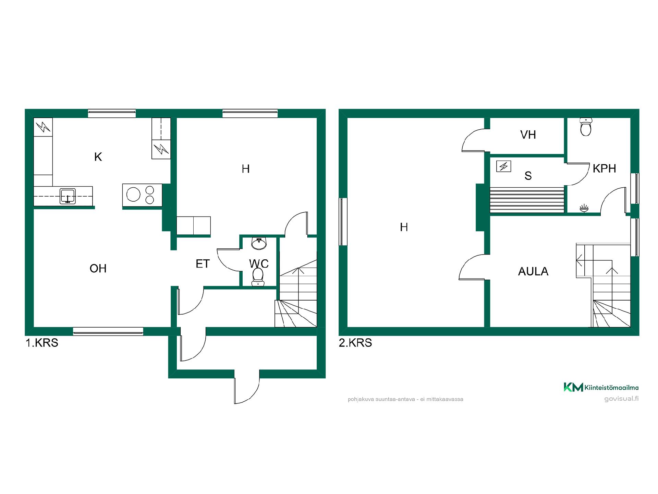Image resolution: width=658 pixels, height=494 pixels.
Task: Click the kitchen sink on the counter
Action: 68,196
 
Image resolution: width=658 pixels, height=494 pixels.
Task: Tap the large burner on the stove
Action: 133,195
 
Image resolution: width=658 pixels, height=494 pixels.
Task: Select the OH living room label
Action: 98,268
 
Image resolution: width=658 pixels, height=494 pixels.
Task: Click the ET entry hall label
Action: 203,263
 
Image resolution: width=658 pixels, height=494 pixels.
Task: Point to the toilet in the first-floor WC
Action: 258,277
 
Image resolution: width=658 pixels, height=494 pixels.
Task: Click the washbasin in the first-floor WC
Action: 259,243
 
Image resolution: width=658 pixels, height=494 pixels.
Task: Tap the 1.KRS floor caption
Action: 42,343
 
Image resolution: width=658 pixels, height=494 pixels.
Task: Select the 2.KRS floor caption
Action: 355,343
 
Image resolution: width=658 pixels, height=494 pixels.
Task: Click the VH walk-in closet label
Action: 528,135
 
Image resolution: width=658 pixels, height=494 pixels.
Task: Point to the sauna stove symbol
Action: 503,166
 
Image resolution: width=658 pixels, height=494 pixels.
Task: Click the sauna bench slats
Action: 527,200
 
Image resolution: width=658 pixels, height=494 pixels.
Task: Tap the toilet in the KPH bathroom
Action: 586,127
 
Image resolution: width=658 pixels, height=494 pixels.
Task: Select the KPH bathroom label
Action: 604,168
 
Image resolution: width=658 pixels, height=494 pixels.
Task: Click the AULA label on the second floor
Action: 533,271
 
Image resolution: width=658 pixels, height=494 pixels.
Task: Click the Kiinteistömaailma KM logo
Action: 573,387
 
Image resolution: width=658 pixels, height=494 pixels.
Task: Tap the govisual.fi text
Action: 621,399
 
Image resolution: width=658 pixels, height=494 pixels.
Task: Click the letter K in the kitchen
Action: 98,157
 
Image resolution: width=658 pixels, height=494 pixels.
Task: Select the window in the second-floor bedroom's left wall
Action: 343,222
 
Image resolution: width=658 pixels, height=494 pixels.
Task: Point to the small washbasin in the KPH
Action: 584,208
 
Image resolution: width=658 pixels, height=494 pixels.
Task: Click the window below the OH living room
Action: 108,331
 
